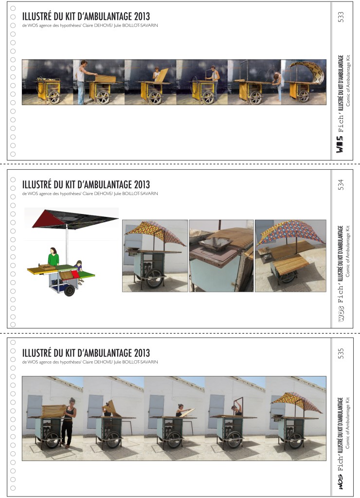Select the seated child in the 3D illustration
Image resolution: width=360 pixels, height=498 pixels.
(79, 266)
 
